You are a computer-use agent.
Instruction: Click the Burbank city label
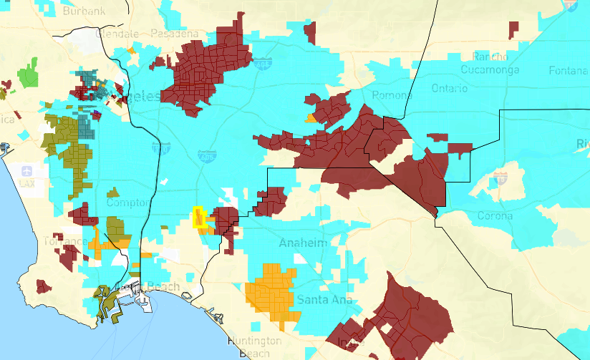coord(84,11)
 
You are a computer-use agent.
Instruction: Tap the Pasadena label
coord(174,34)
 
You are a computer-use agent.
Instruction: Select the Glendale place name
coord(118,34)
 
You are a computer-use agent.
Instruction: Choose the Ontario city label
coord(450,88)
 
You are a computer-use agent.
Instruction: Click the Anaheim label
coord(304,243)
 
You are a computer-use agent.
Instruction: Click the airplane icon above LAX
coord(27,171)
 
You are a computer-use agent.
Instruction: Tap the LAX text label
coord(27,184)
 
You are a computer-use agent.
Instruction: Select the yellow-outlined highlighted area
coord(200,218)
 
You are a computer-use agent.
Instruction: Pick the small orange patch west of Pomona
coord(310,118)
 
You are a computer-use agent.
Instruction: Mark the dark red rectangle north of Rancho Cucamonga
coord(513,30)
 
